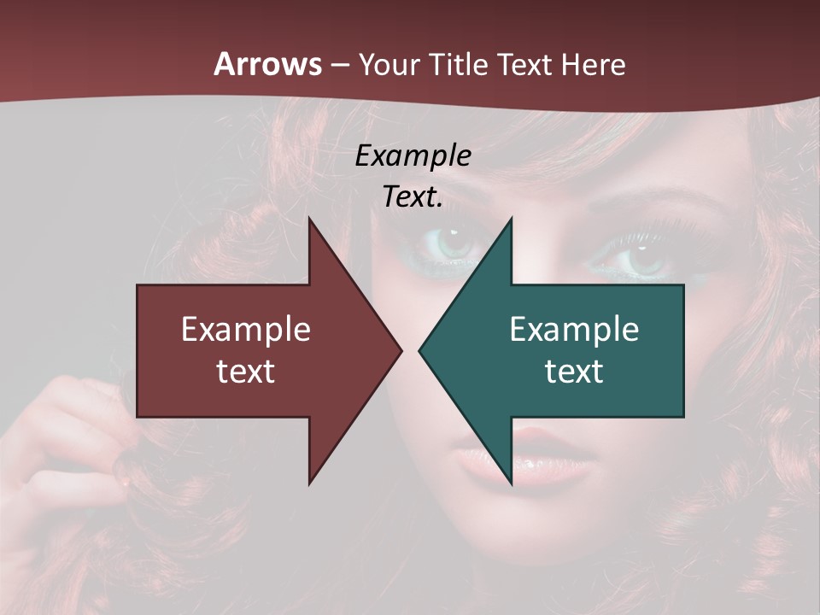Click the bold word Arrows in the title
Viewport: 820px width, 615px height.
coord(268,64)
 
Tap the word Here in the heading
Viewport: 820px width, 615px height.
coord(594,64)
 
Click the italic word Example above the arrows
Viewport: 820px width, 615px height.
coord(413,155)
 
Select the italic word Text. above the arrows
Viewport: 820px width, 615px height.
coord(413,197)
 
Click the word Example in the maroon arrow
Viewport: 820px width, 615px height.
coord(246,329)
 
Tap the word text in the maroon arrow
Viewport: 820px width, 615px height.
coord(246,371)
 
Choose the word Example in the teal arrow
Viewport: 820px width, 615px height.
coord(574,329)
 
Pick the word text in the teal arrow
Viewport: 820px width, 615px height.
coord(574,371)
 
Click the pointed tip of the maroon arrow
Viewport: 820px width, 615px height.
coord(401,350)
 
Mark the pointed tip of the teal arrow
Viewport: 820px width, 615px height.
coord(419,350)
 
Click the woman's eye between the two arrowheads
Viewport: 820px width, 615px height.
coord(453,241)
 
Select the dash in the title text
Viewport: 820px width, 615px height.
coord(339,65)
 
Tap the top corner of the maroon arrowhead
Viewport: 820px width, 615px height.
coord(309,219)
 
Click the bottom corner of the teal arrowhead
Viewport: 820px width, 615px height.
coord(511,483)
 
